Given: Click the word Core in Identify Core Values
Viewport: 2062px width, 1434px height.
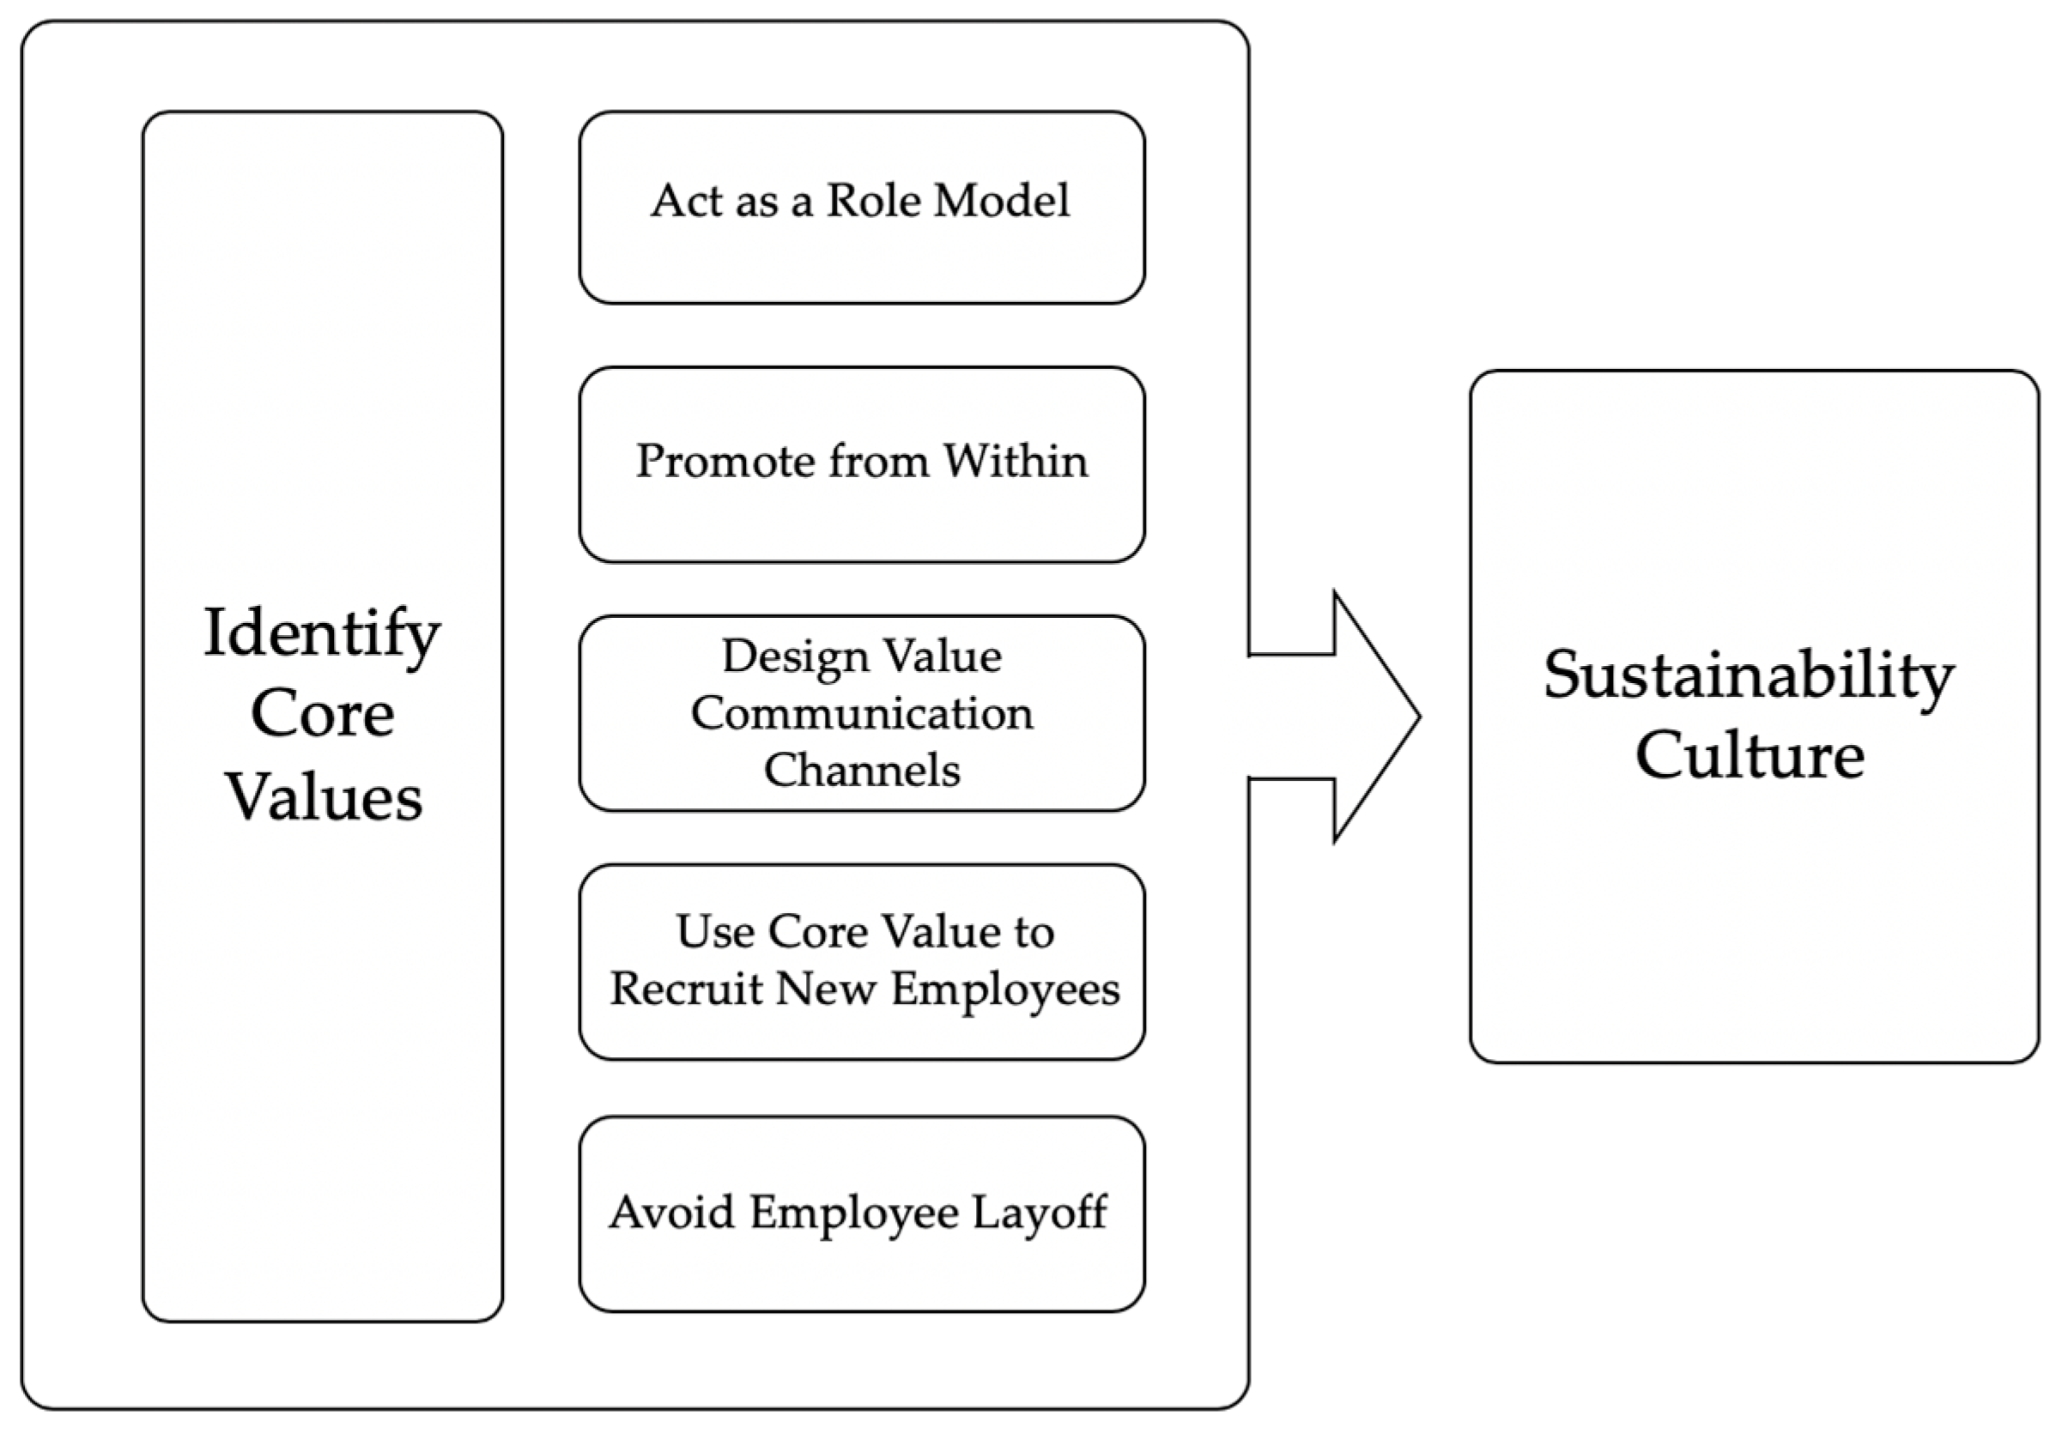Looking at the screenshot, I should (322, 715).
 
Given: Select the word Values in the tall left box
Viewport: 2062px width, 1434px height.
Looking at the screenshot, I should (324, 797).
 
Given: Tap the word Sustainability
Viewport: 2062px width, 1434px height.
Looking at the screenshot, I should (1749, 675).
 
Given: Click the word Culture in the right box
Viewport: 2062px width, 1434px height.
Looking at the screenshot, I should (1749, 755).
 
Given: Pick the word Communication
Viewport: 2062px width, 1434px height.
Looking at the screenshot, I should (861, 714).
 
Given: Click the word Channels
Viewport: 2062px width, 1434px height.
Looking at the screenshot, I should (861, 771).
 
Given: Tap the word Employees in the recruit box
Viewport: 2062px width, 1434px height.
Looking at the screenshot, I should (1005, 990).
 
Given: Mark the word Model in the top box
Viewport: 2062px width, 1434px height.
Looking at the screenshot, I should (1001, 200).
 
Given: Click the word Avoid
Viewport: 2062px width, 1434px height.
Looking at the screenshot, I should (670, 1213).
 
